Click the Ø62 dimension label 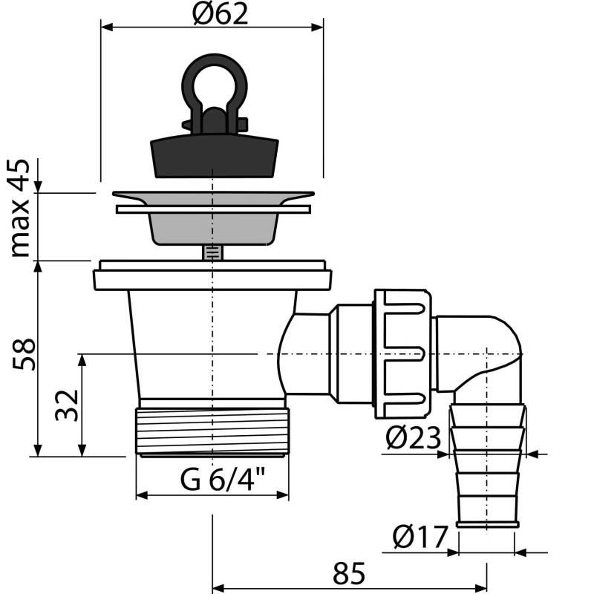click(x=220, y=13)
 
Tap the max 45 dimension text click(x=19, y=208)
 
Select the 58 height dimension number click(x=24, y=355)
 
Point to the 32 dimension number click(x=67, y=405)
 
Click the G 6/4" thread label click(x=223, y=479)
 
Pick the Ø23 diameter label click(x=414, y=437)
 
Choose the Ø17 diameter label click(x=420, y=536)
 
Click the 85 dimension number click(x=349, y=573)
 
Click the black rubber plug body click(x=215, y=154)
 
